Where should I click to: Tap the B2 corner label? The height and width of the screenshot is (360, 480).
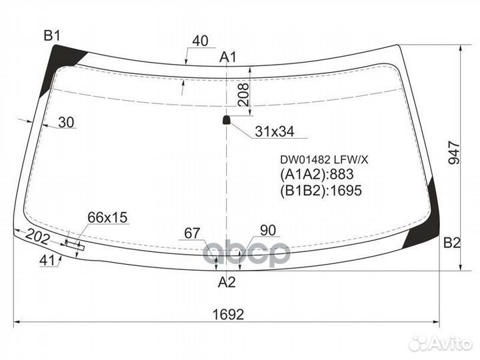click(x=451, y=243)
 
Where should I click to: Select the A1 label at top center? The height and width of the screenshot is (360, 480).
click(x=229, y=57)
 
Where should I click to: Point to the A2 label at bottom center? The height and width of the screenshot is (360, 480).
click(x=227, y=282)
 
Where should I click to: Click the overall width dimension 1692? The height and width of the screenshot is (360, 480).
click(x=227, y=313)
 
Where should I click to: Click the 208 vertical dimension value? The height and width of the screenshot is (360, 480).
click(x=244, y=98)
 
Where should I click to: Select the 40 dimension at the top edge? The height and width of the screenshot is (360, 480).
click(x=200, y=41)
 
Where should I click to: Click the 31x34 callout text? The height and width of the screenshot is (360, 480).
click(x=274, y=132)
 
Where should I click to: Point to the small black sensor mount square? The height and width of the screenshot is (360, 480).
click(x=226, y=120)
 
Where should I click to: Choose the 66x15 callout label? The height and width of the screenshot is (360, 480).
click(x=107, y=217)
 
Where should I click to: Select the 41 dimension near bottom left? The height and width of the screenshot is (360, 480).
click(x=46, y=261)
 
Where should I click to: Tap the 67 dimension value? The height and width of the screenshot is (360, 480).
click(x=193, y=233)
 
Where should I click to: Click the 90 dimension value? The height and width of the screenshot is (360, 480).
click(x=267, y=231)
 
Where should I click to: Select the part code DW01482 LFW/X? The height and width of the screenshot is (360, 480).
click(x=319, y=159)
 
